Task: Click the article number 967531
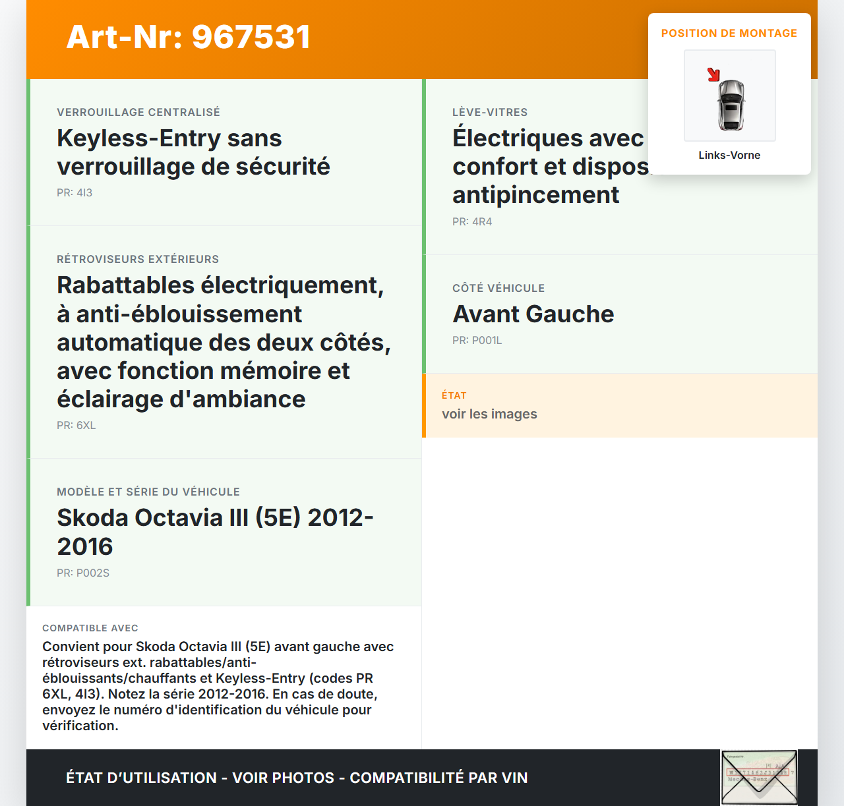(x=251, y=37)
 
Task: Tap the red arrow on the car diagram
(x=713, y=74)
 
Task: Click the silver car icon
(x=731, y=105)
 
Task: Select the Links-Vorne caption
(x=729, y=155)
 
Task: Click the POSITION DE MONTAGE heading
(x=729, y=33)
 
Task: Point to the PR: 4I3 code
(x=75, y=192)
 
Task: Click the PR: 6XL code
(x=76, y=425)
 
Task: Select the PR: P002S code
(x=83, y=573)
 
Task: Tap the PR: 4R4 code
(x=472, y=221)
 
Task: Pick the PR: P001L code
(x=477, y=340)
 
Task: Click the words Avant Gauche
(x=533, y=314)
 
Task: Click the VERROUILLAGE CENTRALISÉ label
(x=138, y=112)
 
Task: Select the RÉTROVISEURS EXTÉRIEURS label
(x=138, y=259)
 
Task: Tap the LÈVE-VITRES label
(x=490, y=112)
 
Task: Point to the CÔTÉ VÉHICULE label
(x=498, y=288)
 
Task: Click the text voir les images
(x=489, y=414)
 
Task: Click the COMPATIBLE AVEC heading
(x=90, y=628)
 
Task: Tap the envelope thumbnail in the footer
(x=759, y=778)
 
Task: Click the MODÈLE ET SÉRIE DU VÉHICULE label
(x=148, y=492)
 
